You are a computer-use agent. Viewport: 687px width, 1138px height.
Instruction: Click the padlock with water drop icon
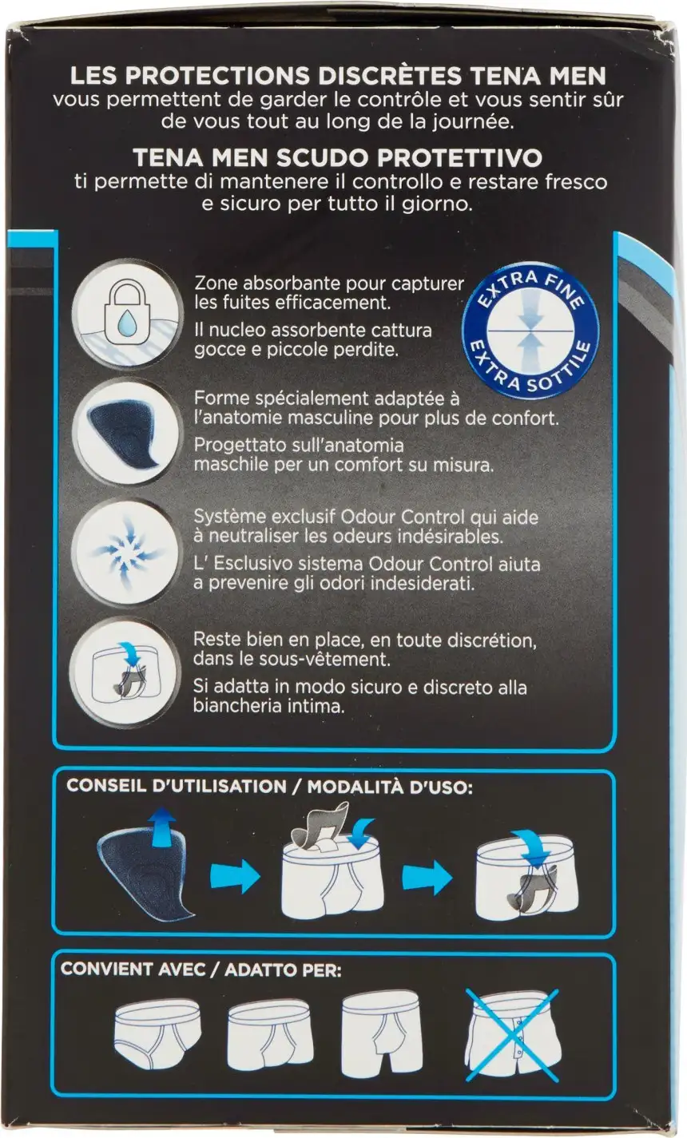[127, 312]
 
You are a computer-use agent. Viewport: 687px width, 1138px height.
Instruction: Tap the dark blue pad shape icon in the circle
[127, 430]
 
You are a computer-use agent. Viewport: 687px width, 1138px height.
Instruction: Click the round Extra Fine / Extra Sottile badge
[530, 331]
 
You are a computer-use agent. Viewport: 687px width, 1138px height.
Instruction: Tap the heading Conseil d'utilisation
[177, 786]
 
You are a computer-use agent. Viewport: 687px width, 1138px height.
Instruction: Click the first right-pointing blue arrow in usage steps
[236, 876]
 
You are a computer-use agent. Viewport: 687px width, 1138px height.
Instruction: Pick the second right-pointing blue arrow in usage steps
[427, 876]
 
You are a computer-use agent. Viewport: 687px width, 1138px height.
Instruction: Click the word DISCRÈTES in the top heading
[387, 76]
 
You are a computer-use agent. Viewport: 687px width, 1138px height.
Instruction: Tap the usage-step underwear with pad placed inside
[526, 873]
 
